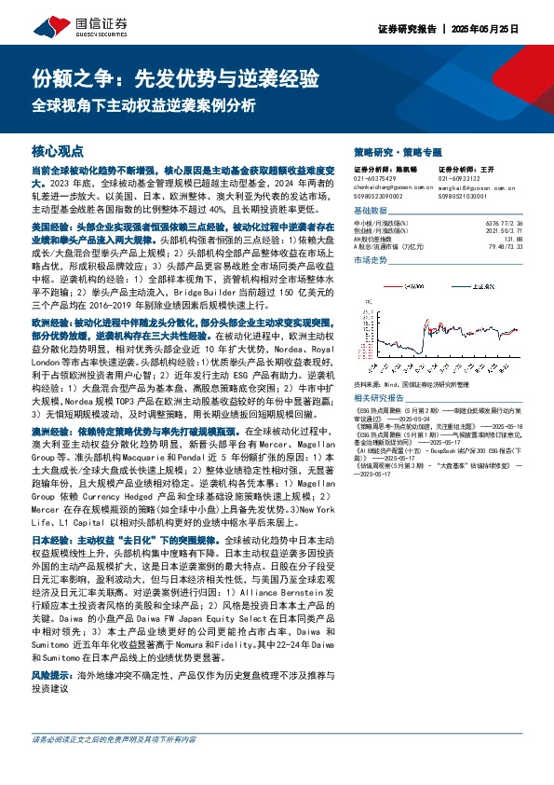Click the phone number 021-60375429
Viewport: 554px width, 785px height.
coord(373,179)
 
